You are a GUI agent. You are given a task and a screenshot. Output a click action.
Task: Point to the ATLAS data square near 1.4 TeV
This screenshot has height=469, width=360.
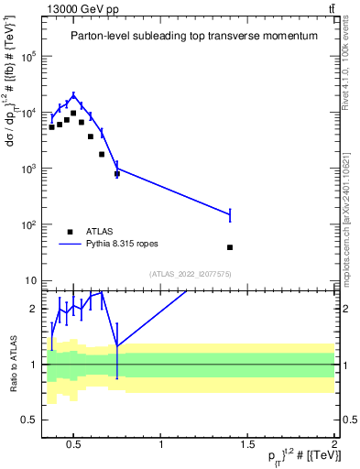(x=230, y=247)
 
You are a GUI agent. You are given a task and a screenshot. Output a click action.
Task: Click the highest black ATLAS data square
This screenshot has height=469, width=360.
(x=73, y=114)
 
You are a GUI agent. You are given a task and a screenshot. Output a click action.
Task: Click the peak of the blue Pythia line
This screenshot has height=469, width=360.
(x=73, y=95)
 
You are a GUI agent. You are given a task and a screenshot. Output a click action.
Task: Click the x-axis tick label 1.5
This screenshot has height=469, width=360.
(x=247, y=446)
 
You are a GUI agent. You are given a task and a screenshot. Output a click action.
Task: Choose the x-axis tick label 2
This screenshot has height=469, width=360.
(x=334, y=446)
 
